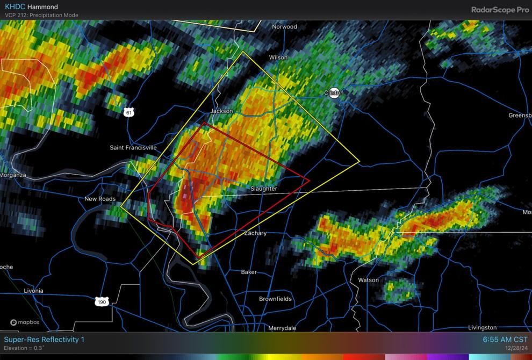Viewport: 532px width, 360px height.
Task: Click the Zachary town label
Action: [255, 233]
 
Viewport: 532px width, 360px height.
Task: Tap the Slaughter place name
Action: [264, 189]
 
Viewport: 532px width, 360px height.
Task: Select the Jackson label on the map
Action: [222, 111]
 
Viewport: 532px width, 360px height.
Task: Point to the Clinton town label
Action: [334, 92]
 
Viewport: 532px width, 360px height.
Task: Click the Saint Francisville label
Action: [133, 148]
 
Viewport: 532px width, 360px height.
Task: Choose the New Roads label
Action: [100, 199]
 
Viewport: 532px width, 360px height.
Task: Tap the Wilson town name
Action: [278, 57]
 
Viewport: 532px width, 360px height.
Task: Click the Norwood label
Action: [284, 27]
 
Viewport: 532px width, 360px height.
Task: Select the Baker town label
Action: [249, 272]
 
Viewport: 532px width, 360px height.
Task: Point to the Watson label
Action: [368, 280]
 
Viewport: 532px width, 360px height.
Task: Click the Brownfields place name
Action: [275, 299]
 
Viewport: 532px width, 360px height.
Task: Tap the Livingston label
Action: [482, 327]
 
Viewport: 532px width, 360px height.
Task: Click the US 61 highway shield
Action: [128, 112]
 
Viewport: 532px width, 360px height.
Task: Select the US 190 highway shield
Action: [102, 302]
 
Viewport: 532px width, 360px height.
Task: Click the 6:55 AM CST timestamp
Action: [505, 340]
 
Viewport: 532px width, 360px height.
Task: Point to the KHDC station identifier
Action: [15, 7]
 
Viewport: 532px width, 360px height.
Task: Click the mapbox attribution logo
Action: [25, 322]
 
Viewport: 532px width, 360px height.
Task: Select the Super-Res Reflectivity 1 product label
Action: [44, 340]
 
